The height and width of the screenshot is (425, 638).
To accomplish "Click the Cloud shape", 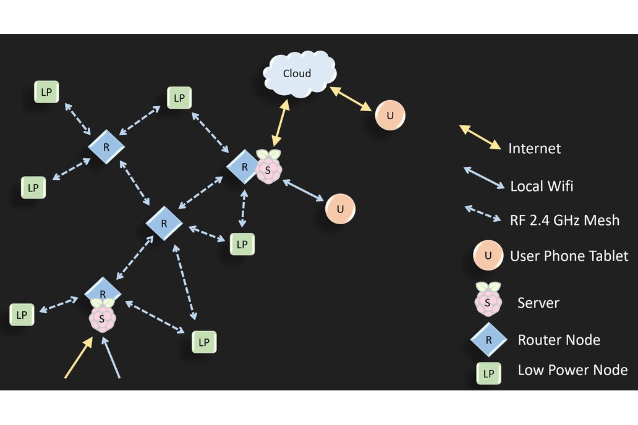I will coord(299,74).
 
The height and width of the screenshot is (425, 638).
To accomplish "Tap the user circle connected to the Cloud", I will coord(390,115).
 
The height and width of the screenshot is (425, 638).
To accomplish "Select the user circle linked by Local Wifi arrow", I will coord(340,209).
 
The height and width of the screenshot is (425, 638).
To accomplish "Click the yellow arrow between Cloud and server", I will coord(279,124).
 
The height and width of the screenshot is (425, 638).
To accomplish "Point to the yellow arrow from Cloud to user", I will coord(351,99).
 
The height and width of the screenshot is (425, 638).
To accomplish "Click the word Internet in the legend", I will coord(534,149).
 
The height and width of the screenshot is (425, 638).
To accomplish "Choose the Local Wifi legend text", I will coord(538,185).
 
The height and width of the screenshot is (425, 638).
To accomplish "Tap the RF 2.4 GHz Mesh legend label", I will coord(564,220).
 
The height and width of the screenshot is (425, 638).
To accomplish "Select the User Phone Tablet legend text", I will coord(569,256).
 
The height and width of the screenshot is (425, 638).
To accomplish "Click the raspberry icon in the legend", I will coord(488,297).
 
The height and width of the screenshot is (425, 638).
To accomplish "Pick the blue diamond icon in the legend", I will coord(488,339).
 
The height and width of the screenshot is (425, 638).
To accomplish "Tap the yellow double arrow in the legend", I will coord(480,137).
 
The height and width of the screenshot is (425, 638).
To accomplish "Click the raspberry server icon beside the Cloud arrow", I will coord(268,167).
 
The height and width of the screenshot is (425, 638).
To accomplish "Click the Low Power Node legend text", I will coord(572,370).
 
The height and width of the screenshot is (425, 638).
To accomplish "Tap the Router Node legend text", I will coord(559,340).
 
